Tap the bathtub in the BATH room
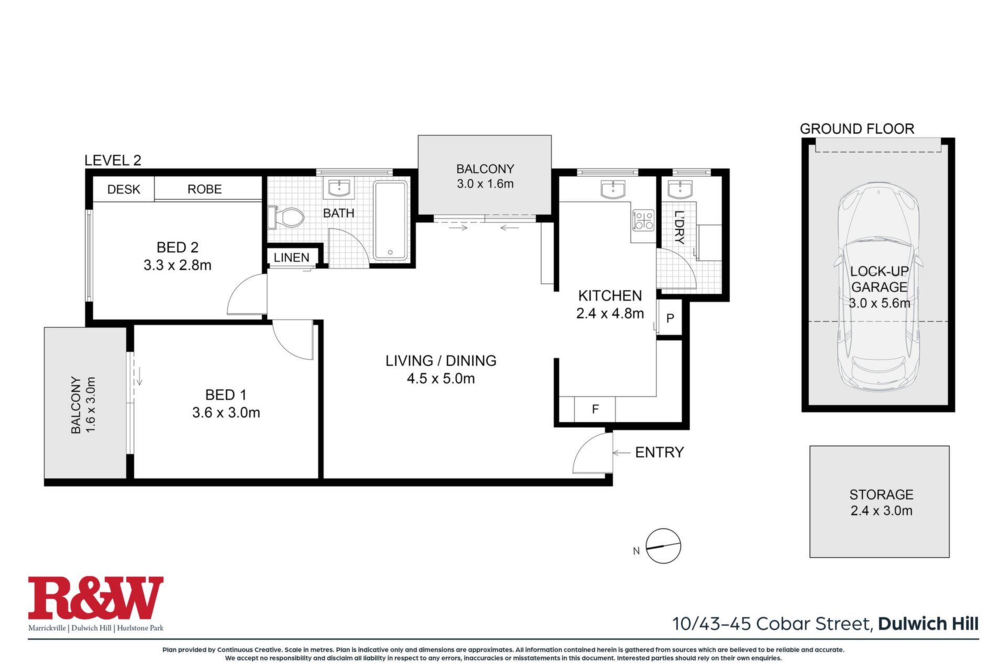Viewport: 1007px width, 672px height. coord(391,220)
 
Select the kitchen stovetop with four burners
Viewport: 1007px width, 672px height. coord(644,220)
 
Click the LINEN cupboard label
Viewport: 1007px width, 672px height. coord(292,258)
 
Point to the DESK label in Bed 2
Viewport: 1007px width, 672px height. coord(124,189)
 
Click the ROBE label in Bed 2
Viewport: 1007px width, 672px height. coord(205,189)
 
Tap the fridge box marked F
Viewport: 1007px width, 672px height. coord(595,409)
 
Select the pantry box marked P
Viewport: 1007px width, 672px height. coord(670,317)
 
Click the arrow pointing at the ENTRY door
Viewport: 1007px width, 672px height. coord(622,452)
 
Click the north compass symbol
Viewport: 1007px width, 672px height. coord(663,546)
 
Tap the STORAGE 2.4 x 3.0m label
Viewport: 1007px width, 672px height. coord(881,503)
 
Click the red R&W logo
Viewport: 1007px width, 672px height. coord(95,598)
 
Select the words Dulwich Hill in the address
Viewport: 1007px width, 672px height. coord(928,624)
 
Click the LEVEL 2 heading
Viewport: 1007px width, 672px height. coord(113,161)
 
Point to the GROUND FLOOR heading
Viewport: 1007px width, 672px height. coord(857,129)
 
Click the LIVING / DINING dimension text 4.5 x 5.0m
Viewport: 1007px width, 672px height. coord(441,379)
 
